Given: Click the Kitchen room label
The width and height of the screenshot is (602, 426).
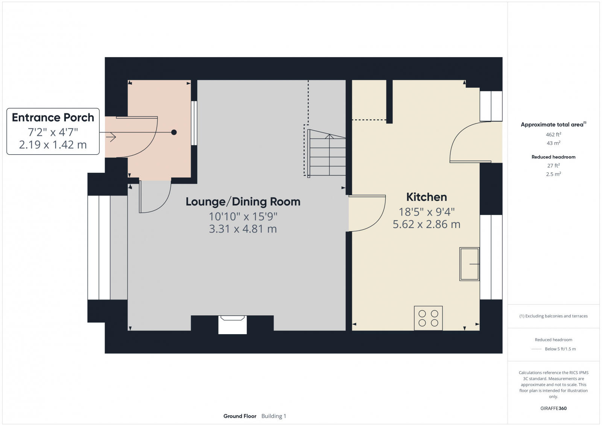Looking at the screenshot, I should click(x=426, y=197).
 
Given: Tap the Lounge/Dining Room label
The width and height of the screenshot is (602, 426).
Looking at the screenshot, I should click(x=243, y=202).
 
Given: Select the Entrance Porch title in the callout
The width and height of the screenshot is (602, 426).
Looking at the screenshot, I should click(x=53, y=117).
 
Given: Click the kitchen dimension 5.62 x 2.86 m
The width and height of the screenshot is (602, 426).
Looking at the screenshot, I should click(x=426, y=224).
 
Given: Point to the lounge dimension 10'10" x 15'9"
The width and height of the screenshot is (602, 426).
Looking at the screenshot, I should click(x=243, y=216).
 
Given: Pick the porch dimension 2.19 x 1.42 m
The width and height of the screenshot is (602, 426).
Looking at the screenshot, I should click(x=53, y=145).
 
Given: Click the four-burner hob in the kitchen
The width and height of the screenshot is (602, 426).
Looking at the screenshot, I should click(x=428, y=318).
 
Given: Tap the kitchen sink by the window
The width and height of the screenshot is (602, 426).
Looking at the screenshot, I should click(x=469, y=264).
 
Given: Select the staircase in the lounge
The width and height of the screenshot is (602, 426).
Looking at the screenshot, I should click(x=326, y=154).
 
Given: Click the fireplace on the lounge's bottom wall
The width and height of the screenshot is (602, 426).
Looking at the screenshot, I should click(x=233, y=324).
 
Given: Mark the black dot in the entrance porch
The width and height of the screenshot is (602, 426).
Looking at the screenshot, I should click(x=174, y=132).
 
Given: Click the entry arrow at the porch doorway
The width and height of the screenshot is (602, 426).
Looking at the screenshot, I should click(x=111, y=137).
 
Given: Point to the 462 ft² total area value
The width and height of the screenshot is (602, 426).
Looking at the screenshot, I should click(x=553, y=134).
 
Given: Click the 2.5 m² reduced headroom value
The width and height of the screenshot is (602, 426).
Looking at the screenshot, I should click(x=553, y=174).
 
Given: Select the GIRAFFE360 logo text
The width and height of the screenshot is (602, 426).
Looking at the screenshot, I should click(x=553, y=408).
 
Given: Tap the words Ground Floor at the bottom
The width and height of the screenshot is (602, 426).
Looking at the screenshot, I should click(x=240, y=416).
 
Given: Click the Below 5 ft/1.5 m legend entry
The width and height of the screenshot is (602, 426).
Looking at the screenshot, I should click(x=560, y=349).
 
